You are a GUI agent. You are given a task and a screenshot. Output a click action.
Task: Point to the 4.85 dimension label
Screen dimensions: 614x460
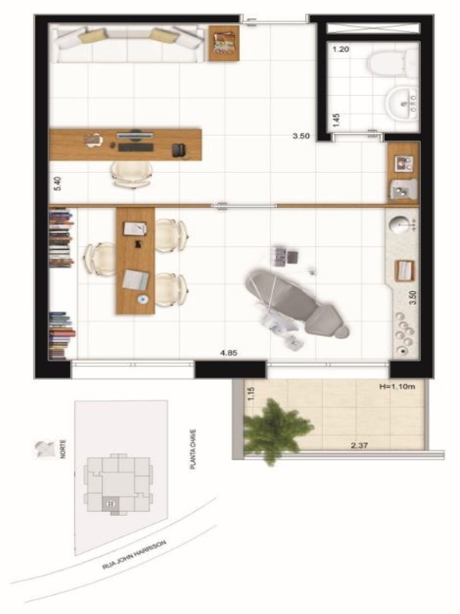(228, 352)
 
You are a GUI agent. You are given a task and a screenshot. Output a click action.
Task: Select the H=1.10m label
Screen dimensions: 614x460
(397, 387)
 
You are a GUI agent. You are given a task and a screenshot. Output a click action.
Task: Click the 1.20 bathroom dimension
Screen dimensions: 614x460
(341, 49)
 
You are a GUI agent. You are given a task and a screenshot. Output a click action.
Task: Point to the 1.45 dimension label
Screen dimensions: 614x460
(337, 121)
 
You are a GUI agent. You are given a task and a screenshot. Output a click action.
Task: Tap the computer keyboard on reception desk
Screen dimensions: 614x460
(136, 147)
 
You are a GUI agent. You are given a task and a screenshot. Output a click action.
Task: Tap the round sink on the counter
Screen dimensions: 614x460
(399, 225)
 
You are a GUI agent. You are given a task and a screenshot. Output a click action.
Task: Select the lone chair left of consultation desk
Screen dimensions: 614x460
(98, 259)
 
